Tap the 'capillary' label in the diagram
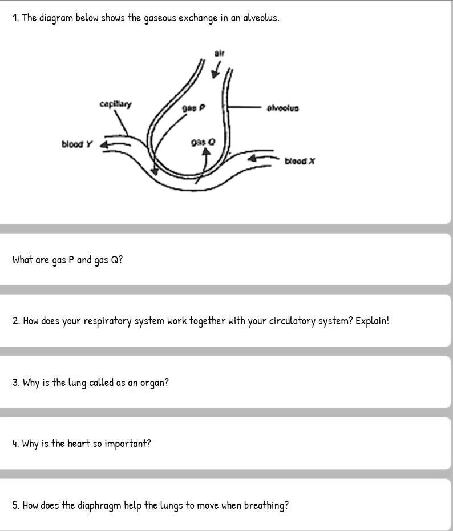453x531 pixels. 115,104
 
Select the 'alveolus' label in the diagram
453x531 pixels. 283,107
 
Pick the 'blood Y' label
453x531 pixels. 76,144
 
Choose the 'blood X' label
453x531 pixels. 300,161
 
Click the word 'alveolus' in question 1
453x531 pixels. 261,18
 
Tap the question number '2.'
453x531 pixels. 16,321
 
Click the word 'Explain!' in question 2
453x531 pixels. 372,321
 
